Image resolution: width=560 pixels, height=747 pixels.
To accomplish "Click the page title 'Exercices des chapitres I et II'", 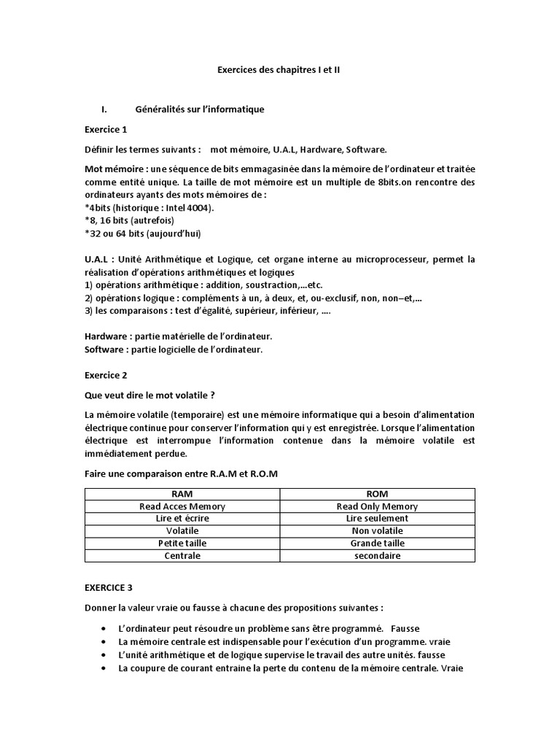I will [x=279, y=70].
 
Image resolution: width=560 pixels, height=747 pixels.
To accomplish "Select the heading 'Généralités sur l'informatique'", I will [x=199, y=109].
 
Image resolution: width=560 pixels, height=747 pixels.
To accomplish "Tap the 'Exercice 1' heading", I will [x=106, y=130].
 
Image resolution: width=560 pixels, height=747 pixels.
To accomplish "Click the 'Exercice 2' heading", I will [x=106, y=375].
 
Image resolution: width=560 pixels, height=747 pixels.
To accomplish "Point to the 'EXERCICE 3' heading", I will [x=109, y=587].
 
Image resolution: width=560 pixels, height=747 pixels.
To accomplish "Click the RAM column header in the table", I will [x=182, y=494].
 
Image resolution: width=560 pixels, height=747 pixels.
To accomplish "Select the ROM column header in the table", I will [x=377, y=494].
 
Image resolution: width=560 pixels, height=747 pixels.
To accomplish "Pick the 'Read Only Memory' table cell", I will [x=377, y=506].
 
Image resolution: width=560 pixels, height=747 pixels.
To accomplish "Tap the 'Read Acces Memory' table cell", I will [x=182, y=506].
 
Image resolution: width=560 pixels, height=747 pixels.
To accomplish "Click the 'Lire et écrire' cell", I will [x=182, y=519].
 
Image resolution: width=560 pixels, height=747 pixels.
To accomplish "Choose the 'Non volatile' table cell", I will [x=377, y=531].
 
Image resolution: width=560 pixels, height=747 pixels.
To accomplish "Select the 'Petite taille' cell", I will [x=182, y=543].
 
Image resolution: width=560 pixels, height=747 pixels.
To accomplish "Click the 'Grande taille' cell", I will [x=377, y=543].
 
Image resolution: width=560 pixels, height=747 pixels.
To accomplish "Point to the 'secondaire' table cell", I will [x=377, y=556].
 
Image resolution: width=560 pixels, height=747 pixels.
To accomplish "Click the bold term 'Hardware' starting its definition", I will [x=105, y=336].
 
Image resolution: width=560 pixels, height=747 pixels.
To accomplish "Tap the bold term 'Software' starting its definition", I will [x=104, y=349].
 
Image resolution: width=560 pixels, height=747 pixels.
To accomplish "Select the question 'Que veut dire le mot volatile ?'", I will [x=149, y=395].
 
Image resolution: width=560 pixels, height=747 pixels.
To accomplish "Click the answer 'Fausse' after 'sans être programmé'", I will [x=405, y=628].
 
